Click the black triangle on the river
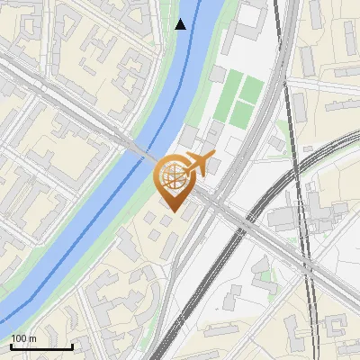[181, 24]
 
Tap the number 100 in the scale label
[19, 337]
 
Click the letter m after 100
[32, 337]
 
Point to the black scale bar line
[41, 346]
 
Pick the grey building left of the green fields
[219, 74]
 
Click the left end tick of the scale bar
[11, 346]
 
